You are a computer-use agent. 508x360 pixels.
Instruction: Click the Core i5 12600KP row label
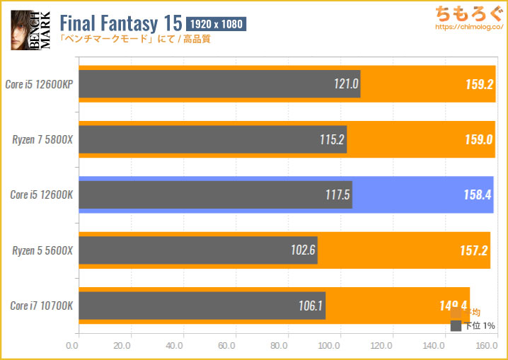[x=42, y=83]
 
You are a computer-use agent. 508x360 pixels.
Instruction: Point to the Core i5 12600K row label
[x=42, y=194]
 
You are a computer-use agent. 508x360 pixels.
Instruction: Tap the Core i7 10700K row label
[x=42, y=306]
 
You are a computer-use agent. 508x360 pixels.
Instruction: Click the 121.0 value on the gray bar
[x=346, y=83]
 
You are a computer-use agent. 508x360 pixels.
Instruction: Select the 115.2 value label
[x=332, y=139]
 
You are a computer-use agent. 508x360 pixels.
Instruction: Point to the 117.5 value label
[x=337, y=194]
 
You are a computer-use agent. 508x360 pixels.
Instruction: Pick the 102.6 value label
[x=302, y=250]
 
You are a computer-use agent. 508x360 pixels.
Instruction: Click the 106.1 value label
[x=311, y=306]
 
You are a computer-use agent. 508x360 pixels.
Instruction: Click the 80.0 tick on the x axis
[x=278, y=347]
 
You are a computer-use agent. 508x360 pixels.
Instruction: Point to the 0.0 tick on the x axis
[x=72, y=347]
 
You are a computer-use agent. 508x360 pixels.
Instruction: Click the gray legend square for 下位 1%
[x=456, y=325]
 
